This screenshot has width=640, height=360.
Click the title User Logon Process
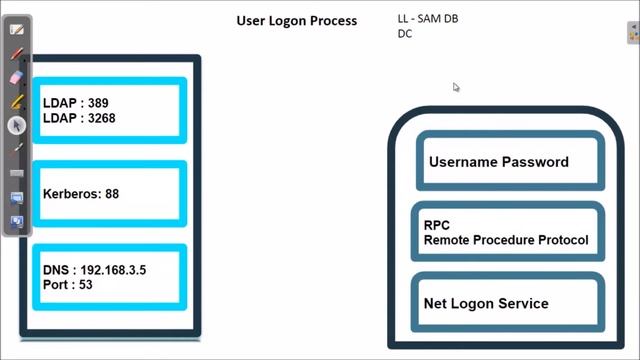click(x=296, y=21)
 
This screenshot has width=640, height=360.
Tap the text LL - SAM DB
click(x=428, y=19)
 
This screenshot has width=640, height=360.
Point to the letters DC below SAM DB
click(x=405, y=33)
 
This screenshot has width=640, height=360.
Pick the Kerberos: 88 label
click(x=81, y=194)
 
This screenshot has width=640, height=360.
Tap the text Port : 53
click(x=68, y=285)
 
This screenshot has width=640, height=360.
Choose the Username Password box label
click(x=498, y=162)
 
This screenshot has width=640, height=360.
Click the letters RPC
click(x=436, y=226)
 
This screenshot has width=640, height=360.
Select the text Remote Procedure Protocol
click(x=505, y=240)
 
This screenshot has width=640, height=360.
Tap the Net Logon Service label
click(x=486, y=303)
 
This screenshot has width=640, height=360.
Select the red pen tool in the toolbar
click(x=16, y=53)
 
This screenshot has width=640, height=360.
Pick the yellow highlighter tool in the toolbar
click(x=16, y=101)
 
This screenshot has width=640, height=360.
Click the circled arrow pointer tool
click(x=16, y=125)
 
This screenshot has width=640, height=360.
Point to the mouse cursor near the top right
click(x=456, y=87)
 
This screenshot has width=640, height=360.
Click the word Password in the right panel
click(x=535, y=162)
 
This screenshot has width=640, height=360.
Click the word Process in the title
click(x=331, y=21)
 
